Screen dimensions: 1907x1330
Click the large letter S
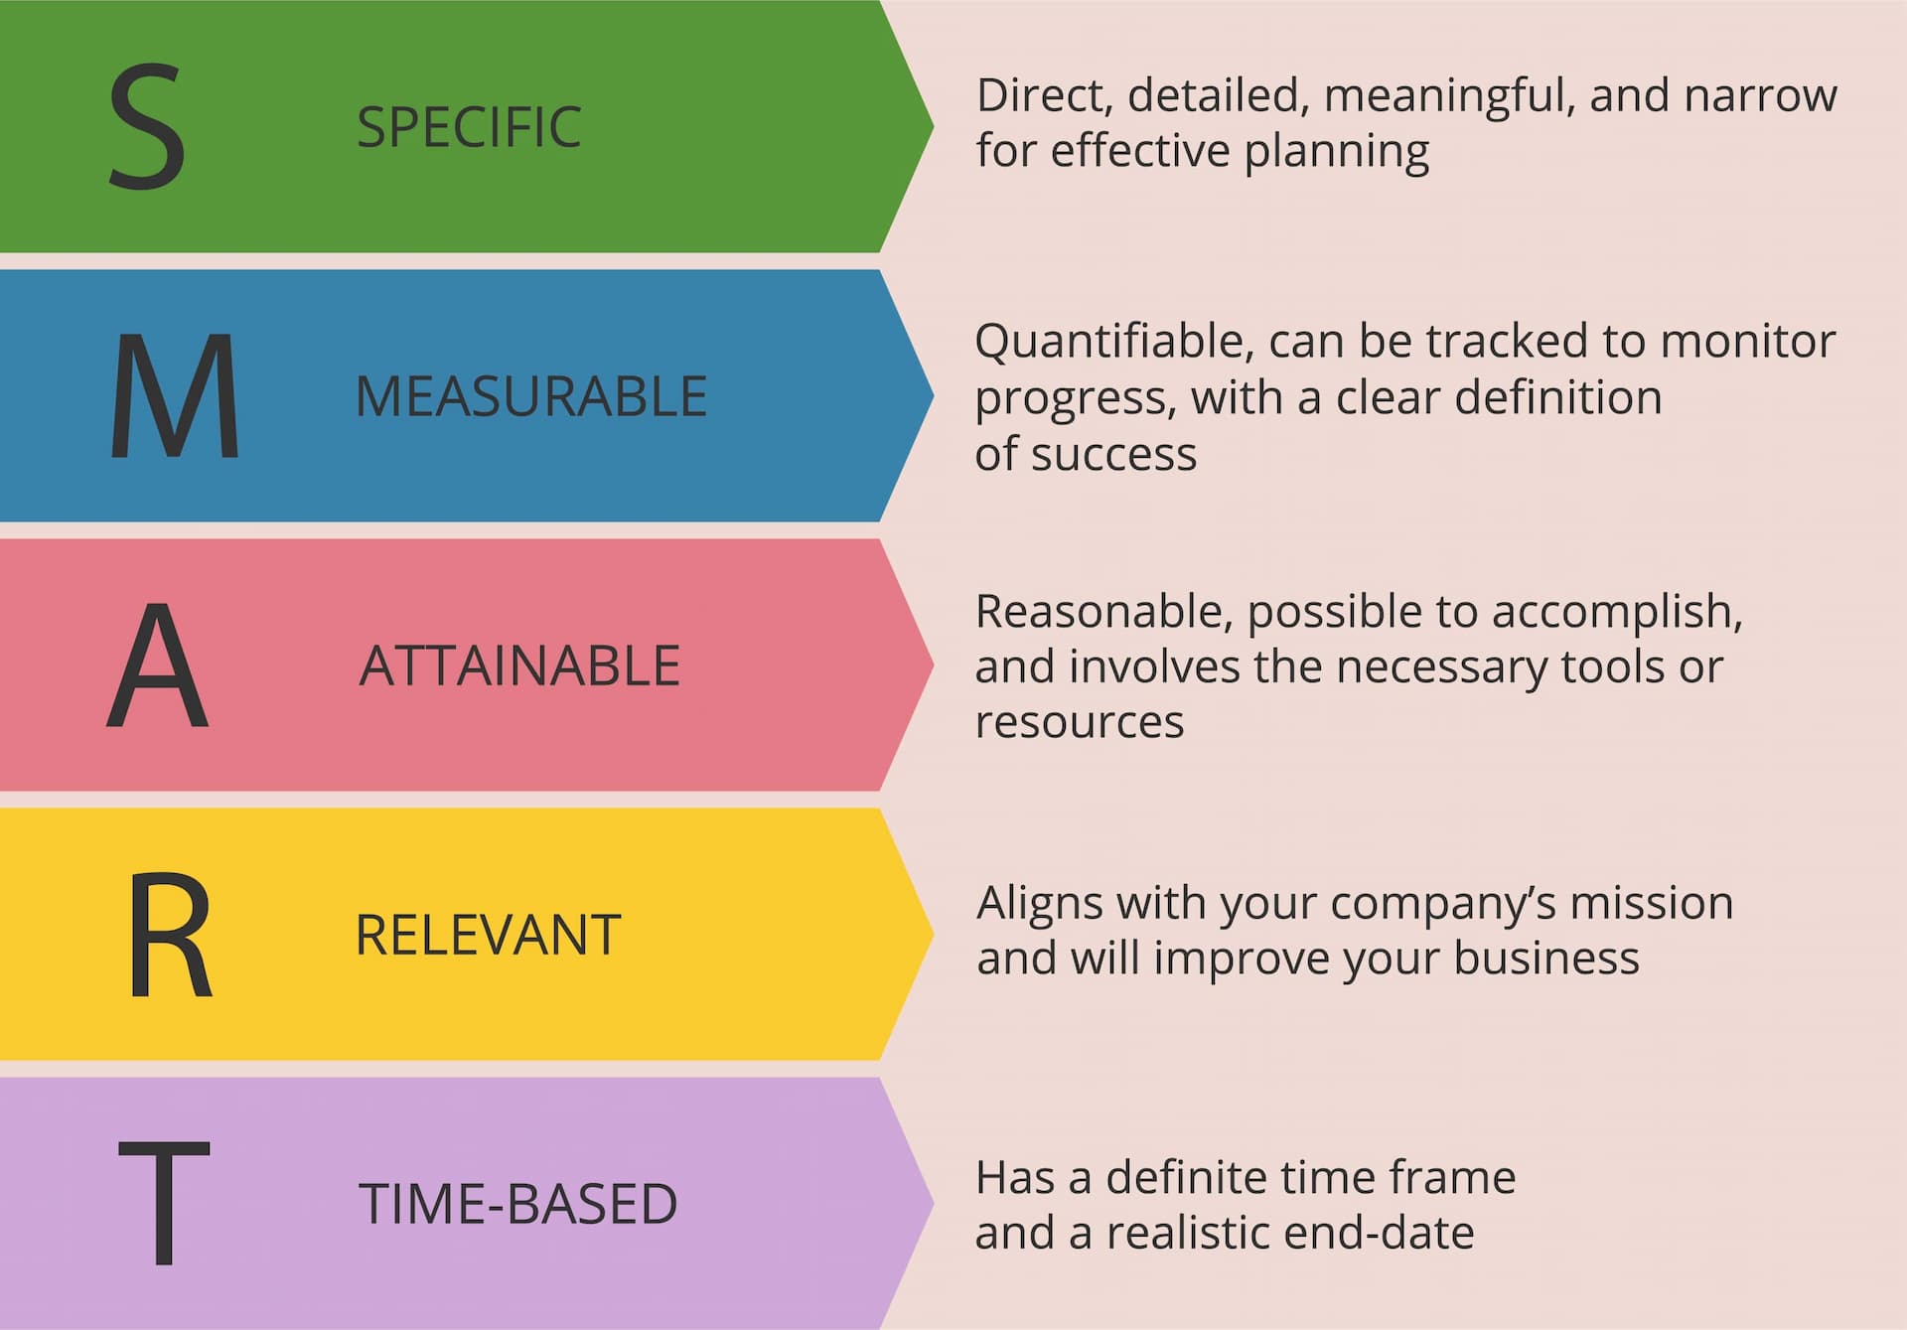[x=147, y=126]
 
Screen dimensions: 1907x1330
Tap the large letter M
[x=175, y=395]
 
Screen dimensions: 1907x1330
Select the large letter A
[x=158, y=665]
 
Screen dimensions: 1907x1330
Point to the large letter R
[x=170, y=934]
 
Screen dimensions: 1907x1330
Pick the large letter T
[x=164, y=1202]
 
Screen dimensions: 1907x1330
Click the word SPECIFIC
[x=469, y=127]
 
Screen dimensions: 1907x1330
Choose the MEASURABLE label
[x=531, y=396]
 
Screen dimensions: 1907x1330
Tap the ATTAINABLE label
[x=519, y=665]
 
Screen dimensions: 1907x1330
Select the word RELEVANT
[x=488, y=935]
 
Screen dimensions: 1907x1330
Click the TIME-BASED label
[x=517, y=1204]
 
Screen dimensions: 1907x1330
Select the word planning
[x=1337, y=153]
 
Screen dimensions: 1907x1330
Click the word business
[x=1546, y=959]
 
